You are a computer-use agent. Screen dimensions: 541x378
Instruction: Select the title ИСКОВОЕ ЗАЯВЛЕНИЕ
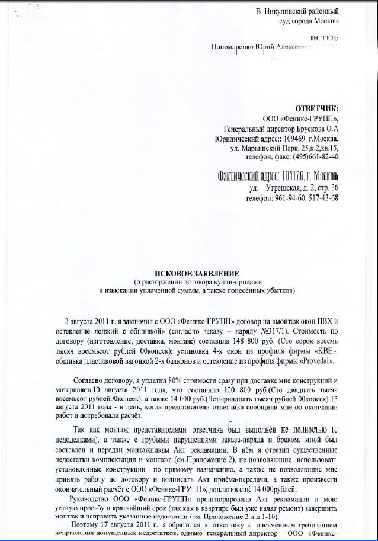(x=197, y=273)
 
